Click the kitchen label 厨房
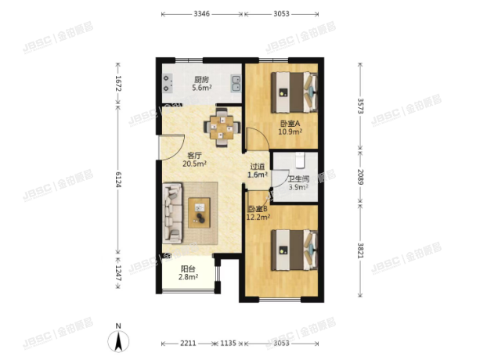point(200,79)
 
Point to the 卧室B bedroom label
point(258,209)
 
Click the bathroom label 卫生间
point(298,178)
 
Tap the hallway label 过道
point(258,166)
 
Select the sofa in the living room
point(172,211)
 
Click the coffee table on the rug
point(200,210)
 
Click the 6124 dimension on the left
point(118,178)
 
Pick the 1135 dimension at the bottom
point(228,344)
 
